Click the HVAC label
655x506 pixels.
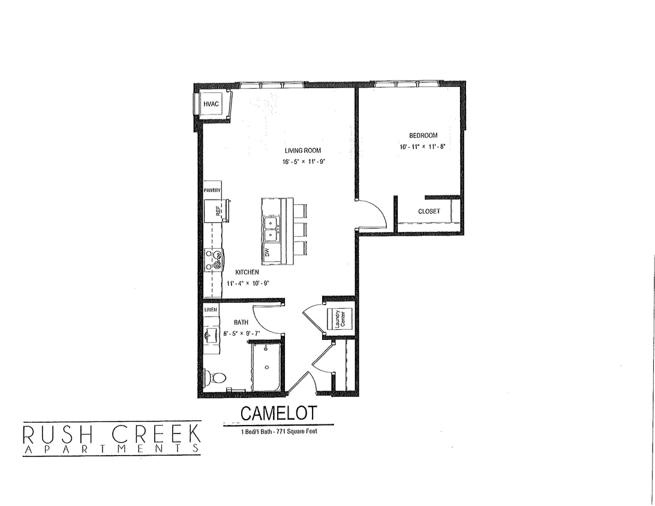click(211, 104)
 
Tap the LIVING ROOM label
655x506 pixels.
click(304, 150)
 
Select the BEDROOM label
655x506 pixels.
click(423, 135)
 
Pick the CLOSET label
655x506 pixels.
click(429, 211)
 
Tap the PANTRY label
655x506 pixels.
click(212, 190)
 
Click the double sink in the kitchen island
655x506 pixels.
click(270, 227)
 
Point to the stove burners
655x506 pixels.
click(214, 259)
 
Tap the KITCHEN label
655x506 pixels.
click(247, 272)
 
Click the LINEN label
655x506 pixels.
click(210, 309)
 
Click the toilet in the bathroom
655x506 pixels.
click(215, 378)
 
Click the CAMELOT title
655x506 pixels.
click(278, 413)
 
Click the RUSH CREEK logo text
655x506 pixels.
click(112, 433)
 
